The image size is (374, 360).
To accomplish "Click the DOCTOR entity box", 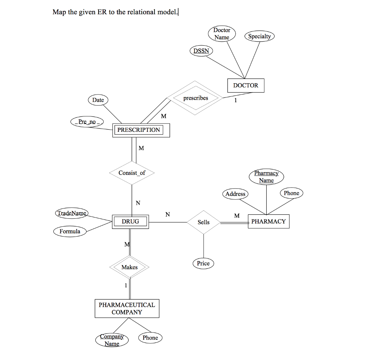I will (x=245, y=85).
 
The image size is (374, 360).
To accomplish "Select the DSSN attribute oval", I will (x=201, y=51).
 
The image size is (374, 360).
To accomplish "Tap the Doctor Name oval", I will (x=222, y=34).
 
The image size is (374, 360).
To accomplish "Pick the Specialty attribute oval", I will (x=259, y=36).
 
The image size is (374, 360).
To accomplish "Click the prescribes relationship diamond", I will (x=195, y=98).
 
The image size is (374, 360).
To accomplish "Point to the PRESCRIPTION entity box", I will (x=141, y=130).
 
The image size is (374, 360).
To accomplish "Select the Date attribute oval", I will (x=98, y=100).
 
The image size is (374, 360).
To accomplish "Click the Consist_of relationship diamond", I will (x=132, y=173).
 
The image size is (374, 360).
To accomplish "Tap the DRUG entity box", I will (x=130, y=221).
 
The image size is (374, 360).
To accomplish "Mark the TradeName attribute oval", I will (x=72, y=213).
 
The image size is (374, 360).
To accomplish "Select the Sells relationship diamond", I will (x=203, y=222).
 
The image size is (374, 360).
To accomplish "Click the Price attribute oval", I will (x=203, y=263).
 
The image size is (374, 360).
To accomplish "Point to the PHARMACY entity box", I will (x=268, y=221).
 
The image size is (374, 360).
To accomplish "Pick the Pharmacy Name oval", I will (x=266, y=177).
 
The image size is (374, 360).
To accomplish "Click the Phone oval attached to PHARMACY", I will (x=291, y=193).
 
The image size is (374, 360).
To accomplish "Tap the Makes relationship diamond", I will (x=130, y=267).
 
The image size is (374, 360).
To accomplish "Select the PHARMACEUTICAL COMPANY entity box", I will (x=127, y=309).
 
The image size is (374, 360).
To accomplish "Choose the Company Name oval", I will (x=112, y=340).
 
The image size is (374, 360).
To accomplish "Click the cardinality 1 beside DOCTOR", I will (x=236, y=101).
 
